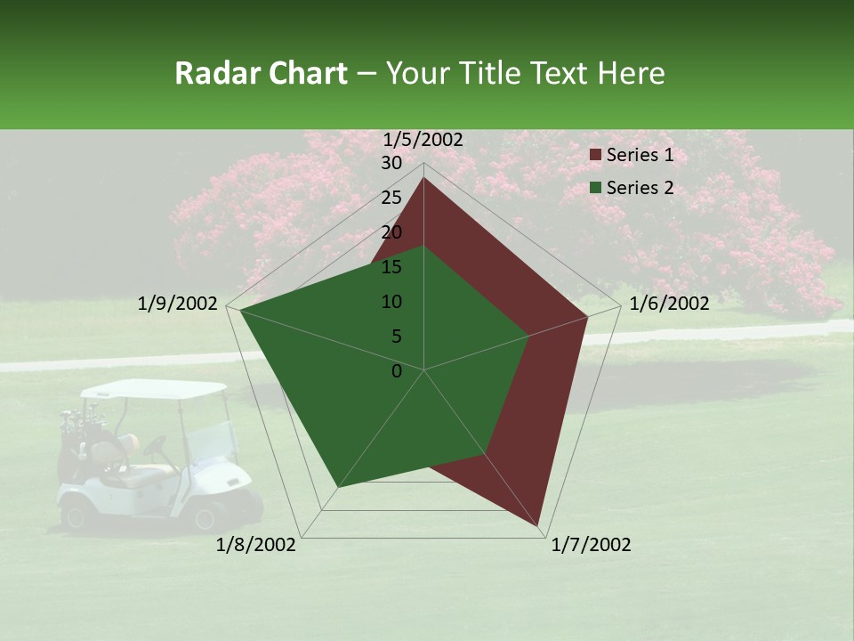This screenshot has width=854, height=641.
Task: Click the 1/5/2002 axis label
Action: coord(423,140)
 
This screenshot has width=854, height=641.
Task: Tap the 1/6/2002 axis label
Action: coord(669,304)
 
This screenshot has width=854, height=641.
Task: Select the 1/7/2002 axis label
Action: coord(591,545)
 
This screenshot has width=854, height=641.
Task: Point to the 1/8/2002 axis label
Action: coord(256,545)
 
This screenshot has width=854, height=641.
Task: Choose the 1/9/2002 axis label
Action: coord(178,304)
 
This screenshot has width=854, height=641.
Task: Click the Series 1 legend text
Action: coord(640,155)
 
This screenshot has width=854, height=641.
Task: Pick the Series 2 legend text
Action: coord(640,188)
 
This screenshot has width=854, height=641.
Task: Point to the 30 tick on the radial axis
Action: coord(391,163)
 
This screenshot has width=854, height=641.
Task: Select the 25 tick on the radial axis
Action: coord(391,198)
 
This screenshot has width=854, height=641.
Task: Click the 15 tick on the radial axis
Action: coord(391,267)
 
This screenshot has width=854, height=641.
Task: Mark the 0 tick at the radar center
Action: coord(397,371)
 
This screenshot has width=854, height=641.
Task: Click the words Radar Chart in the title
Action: coord(261,73)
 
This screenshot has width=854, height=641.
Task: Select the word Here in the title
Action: coord(631,73)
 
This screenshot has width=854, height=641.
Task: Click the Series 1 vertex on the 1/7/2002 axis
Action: coord(538,525)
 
